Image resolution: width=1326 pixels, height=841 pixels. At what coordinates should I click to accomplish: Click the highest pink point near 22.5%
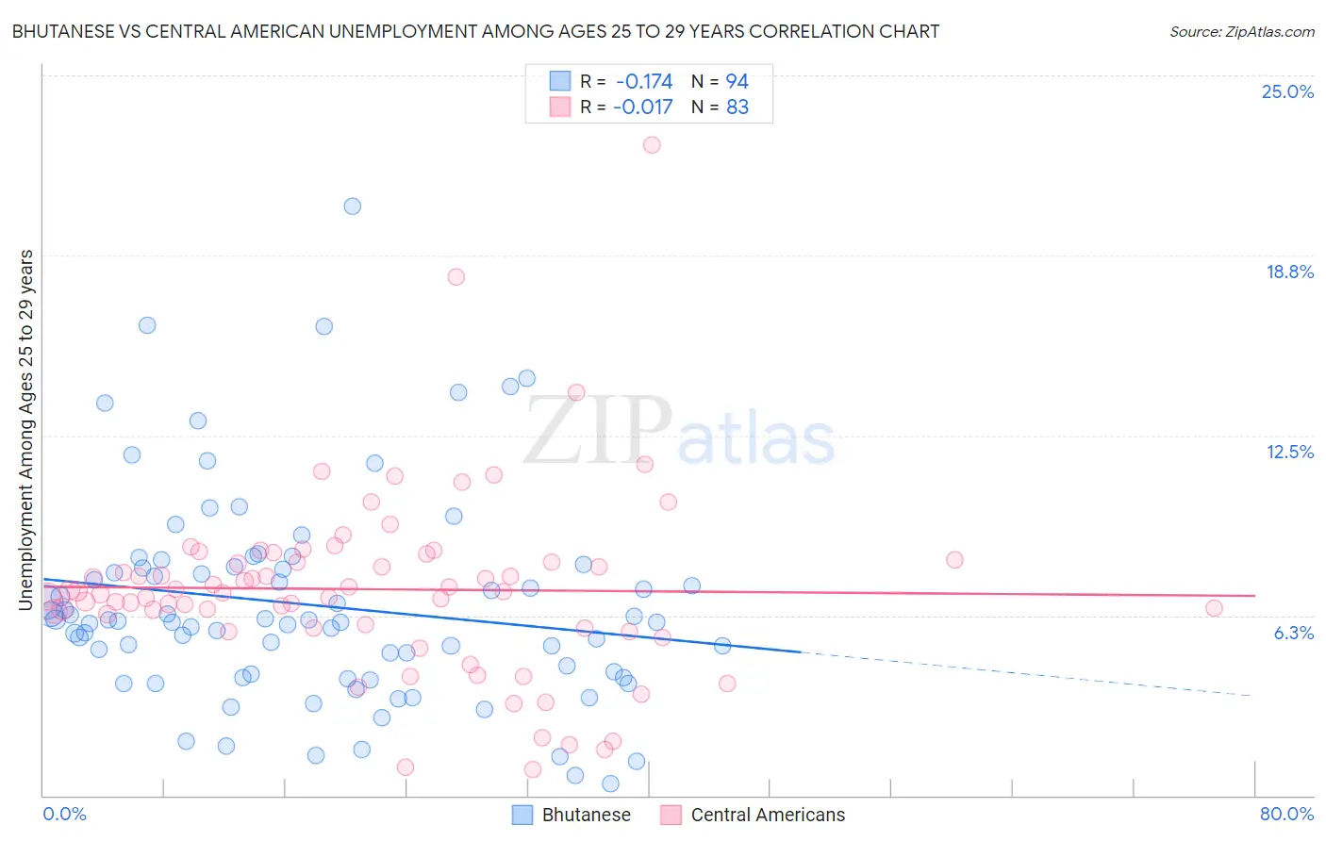coord(652,145)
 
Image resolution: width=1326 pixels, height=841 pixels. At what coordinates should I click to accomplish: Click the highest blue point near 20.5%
coord(353,206)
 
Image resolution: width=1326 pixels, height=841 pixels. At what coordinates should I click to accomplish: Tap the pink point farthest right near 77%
coord(1214,608)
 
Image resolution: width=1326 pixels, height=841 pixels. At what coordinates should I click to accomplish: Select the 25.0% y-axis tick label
coord(1287,92)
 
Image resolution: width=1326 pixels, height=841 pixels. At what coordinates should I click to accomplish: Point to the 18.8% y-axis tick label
coord(1289,272)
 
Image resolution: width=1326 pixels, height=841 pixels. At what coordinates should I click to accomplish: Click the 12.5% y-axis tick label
coord(1289,453)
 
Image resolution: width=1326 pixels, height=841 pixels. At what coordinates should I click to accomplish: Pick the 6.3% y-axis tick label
coord(1293,634)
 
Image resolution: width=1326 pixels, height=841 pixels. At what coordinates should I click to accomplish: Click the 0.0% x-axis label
coord(64,815)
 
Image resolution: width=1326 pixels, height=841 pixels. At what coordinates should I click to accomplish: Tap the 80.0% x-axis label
coord(1286,815)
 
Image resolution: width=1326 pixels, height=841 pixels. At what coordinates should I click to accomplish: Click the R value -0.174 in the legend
coord(643,82)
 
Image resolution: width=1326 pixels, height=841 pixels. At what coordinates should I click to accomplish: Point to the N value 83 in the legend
coord(738,107)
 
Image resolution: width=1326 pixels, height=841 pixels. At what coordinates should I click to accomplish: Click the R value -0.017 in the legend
coord(642,107)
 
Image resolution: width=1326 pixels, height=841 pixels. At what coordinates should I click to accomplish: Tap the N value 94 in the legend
coord(738,82)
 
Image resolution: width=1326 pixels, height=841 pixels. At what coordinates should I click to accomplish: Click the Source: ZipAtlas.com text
coord(1241,32)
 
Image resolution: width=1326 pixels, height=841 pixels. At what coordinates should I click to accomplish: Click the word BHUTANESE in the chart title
coord(67,31)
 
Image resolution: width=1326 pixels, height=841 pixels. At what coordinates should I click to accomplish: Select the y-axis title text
coord(26,429)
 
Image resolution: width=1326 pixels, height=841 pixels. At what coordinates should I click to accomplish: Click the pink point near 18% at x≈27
coord(456,277)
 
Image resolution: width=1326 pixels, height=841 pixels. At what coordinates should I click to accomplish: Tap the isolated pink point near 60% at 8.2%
coord(954,560)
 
